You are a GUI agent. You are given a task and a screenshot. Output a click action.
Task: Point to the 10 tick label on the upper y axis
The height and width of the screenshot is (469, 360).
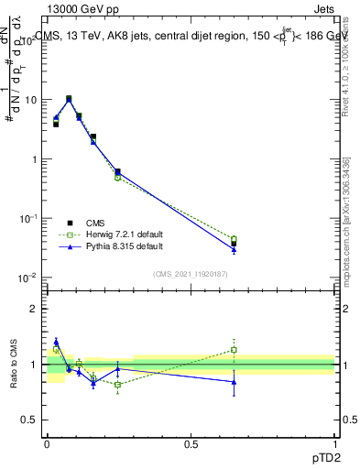pyautogui.click(x=31, y=99)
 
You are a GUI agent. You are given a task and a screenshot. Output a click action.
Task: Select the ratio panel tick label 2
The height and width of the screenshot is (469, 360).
pyautogui.click(x=35, y=309)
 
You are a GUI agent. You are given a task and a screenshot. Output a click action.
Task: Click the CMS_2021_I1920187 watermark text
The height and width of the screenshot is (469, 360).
pyautogui.click(x=191, y=274)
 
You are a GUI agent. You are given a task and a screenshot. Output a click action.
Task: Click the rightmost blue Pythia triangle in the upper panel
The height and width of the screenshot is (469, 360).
pyautogui.click(x=234, y=249)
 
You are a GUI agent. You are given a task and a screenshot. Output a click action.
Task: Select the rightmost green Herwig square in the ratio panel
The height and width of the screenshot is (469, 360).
pyautogui.click(x=234, y=349)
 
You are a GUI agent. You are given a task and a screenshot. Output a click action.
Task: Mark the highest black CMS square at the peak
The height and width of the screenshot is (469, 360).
pyautogui.click(x=69, y=99)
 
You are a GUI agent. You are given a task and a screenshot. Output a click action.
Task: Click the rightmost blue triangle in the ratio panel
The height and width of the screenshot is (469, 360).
pyautogui.click(x=234, y=382)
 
